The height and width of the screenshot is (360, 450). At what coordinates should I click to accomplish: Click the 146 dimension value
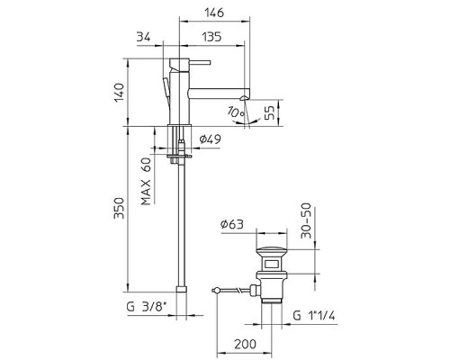coord(214,13)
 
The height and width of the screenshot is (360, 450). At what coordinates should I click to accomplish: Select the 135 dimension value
coord(211,37)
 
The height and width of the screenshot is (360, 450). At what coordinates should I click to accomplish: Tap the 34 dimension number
coord(144,37)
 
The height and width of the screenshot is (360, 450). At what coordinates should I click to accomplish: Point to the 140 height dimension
coord(119,93)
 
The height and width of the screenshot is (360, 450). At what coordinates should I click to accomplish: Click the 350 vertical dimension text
coord(119,208)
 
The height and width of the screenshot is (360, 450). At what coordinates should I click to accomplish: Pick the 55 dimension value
coord(270,112)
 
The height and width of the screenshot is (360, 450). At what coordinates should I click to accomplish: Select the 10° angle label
coord(236,112)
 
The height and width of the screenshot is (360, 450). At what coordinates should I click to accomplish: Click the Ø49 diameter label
coord(211,139)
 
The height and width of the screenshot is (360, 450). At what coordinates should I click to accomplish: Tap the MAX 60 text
coord(146,181)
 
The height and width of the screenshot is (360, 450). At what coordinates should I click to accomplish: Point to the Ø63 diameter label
coord(232,224)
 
